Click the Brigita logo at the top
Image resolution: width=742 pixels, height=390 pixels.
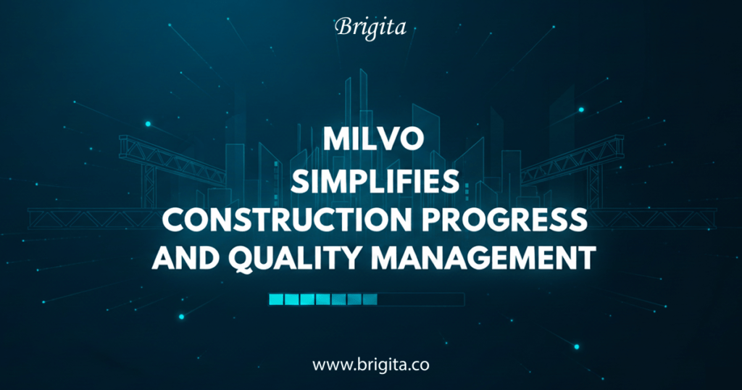pos(370,28)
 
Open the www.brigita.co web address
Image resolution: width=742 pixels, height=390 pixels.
pos(370,364)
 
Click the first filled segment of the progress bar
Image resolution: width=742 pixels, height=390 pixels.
pos(275,299)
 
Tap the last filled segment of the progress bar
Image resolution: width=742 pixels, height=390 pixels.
pos(370,299)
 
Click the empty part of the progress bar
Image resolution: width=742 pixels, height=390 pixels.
pos(420,299)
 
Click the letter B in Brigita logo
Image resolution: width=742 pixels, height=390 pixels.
pos(343,28)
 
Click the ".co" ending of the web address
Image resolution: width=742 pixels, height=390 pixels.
pos(418,365)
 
